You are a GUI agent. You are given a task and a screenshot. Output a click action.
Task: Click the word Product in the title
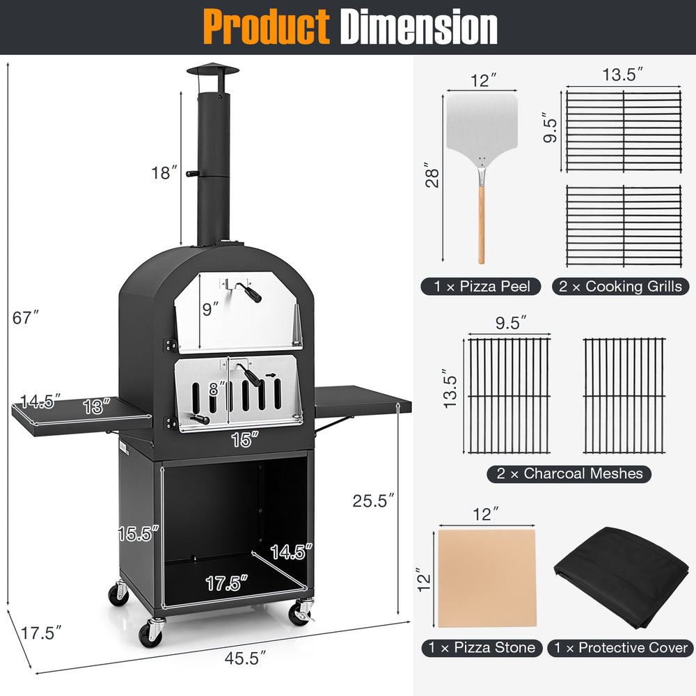click(x=267, y=28)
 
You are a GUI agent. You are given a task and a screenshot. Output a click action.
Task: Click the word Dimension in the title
click(x=418, y=28)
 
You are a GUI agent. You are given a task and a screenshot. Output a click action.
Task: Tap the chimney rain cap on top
click(x=212, y=70)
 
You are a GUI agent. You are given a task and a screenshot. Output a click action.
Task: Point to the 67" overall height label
click(x=26, y=317)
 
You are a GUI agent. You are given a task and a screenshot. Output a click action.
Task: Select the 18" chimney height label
click(x=164, y=173)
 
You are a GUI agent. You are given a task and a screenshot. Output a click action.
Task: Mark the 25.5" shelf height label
click(x=372, y=500)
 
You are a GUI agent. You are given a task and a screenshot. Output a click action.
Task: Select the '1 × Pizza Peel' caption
click(x=480, y=286)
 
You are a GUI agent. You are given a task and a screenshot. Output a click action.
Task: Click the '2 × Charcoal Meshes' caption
click(x=569, y=474)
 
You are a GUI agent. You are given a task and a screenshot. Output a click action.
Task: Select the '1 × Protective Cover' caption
click(x=620, y=648)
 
